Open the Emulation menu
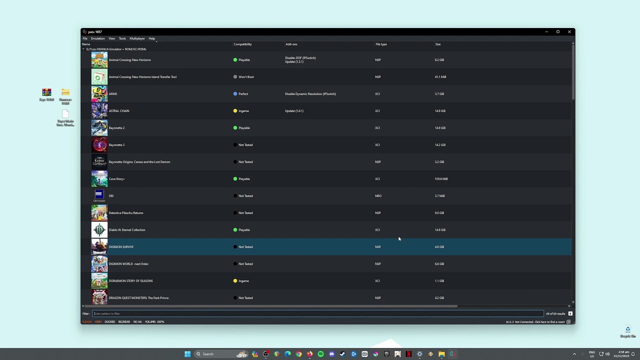(x=97, y=38)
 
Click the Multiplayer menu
(x=137, y=38)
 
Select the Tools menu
(x=122, y=38)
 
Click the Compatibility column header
(x=242, y=44)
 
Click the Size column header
(x=437, y=44)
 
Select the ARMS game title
(x=113, y=94)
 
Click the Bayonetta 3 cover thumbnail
(x=99, y=145)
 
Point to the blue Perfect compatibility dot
(x=235, y=94)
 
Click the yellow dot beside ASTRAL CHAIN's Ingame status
(x=235, y=111)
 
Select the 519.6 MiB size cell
(x=441, y=179)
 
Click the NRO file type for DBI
(x=378, y=196)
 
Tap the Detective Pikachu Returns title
(x=126, y=213)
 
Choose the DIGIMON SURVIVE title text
(x=121, y=247)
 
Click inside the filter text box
(x=315, y=313)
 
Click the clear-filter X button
(x=570, y=313)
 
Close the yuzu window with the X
(x=569, y=32)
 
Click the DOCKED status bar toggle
(x=109, y=321)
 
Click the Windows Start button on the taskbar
(x=187, y=354)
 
